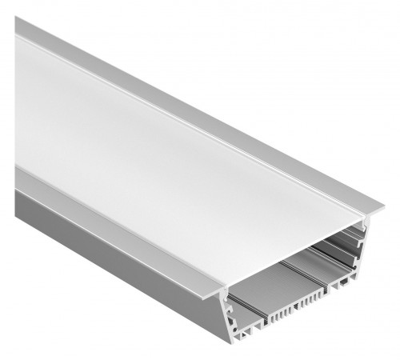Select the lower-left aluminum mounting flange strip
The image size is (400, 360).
(96, 240)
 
